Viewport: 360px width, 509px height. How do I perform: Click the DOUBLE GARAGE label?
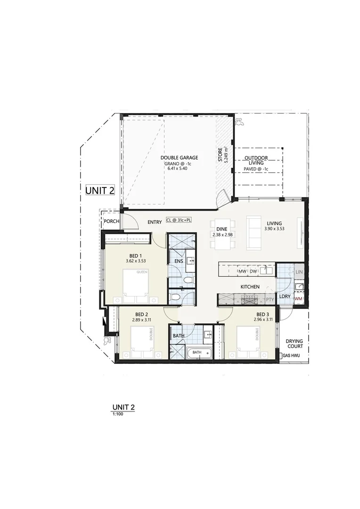pos(179,158)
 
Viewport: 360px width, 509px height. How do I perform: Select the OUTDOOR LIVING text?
pos(256,161)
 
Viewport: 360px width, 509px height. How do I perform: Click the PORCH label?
pos(112,222)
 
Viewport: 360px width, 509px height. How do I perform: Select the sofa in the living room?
pos(254,233)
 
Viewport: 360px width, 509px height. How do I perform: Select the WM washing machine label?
pos(298,299)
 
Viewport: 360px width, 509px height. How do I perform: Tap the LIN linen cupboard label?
pos(299,272)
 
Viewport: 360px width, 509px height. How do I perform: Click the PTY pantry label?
pos(270,299)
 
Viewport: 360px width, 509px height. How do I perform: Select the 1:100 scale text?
pos(117,413)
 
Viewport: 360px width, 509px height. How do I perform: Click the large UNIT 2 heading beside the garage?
pos(100,190)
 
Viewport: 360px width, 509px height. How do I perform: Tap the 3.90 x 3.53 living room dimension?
pos(274,229)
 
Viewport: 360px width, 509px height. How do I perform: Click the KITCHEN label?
pos(250,287)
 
